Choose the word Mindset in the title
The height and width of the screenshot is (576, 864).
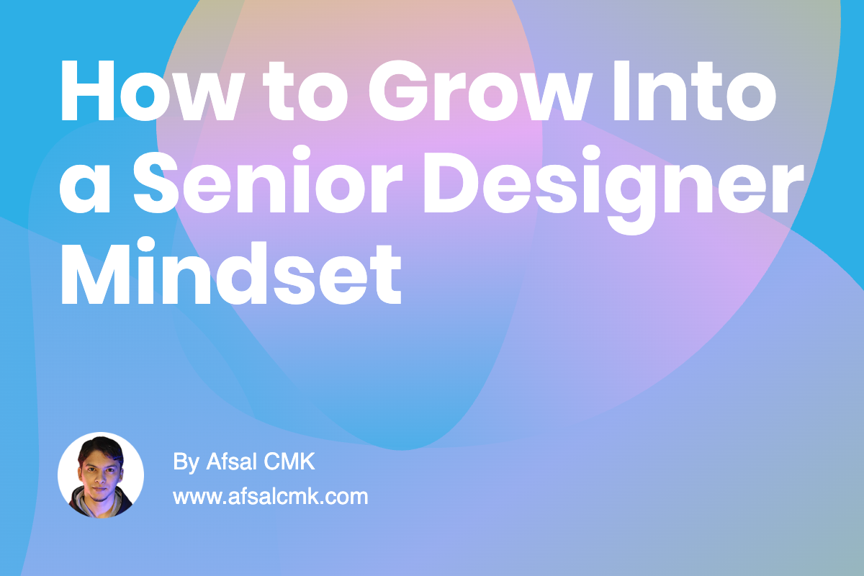coord(230,274)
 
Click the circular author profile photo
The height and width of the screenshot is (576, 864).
coord(101,475)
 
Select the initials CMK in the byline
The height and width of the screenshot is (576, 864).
coord(291,462)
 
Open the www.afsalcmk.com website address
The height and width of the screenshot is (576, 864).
coord(271,496)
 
